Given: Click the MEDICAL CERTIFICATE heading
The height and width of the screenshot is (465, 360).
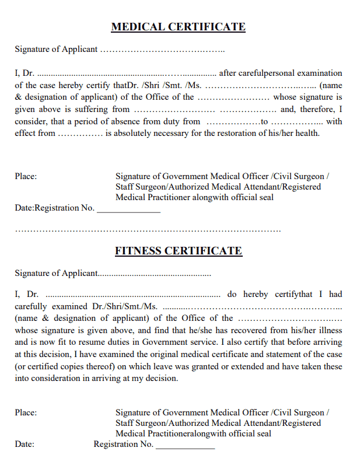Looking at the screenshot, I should click(178, 27).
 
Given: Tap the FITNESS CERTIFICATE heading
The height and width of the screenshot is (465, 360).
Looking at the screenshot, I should click(178, 251).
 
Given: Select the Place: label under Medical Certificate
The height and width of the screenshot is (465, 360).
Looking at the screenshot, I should click(26, 176).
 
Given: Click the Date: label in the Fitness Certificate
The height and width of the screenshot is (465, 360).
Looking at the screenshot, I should click(25, 444).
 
